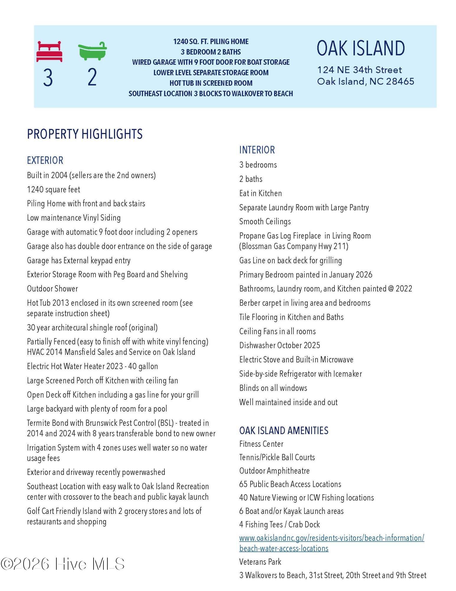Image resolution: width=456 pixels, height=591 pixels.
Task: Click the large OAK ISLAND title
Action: click(x=361, y=48)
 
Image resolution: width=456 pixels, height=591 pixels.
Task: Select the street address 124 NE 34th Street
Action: click(x=359, y=70)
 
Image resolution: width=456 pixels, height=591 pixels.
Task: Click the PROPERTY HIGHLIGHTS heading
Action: click(x=85, y=134)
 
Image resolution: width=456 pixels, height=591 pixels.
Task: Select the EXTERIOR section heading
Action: click(x=45, y=160)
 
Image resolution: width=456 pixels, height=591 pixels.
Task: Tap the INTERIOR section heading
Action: click(x=257, y=150)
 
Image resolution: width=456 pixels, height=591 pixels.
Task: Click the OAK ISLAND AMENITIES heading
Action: click(x=284, y=431)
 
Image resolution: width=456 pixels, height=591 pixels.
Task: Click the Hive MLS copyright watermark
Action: click(x=63, y=564)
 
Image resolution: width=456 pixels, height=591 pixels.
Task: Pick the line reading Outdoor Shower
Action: click(x=53, y=289)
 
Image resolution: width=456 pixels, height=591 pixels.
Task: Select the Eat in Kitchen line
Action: click(x=261, y=193)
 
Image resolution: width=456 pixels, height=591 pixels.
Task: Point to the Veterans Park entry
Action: click(x=260, y=562)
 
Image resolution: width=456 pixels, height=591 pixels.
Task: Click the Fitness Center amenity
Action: click(x=261, y=444)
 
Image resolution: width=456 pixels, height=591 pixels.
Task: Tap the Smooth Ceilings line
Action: click(x=265, y=222)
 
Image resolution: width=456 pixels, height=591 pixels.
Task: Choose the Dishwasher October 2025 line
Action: click(x=280, y=345)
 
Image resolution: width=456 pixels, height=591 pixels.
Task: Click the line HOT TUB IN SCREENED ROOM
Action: click(x=211, y=83)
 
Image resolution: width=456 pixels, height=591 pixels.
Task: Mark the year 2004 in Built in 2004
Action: click(x=59, y=175)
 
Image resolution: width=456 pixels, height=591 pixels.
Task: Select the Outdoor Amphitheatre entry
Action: click(x=274, y=471)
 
